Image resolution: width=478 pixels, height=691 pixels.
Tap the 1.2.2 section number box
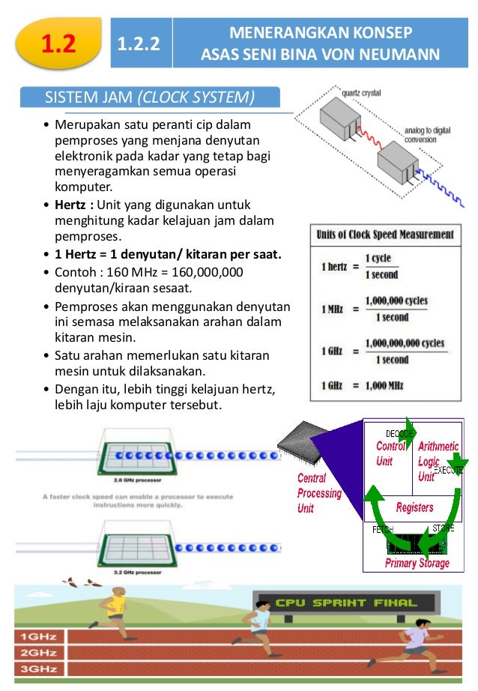pyautogui.click(x=140, y=45)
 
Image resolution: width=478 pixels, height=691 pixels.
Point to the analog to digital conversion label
pyautogui.click(x=427, y=134)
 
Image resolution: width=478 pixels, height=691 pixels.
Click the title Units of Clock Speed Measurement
pyautogui.click(x=385, y=235)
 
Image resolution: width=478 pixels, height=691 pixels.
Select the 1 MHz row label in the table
pyautogui.click(x=333, y=309)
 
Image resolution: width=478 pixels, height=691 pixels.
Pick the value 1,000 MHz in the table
pyautogui.click(x=384, y=385)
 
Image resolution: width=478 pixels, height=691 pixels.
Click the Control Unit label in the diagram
pyautogui.click(x=390, y=453)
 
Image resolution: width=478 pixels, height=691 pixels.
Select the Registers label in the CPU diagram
pyautogui.click(x=414, y=507)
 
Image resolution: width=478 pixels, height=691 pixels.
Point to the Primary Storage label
pyautogui.click(x=417, y=563)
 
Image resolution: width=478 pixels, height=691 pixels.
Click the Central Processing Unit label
pyautogui.click(x=318, y=493)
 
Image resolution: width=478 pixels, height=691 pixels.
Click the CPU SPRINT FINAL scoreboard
pyautogui.click(x=345, y=603)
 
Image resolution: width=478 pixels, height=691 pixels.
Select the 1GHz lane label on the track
pyautogui.click(x=36, y=637)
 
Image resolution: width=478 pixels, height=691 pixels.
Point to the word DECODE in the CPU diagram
pyautogui.click(x=399, y=434)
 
